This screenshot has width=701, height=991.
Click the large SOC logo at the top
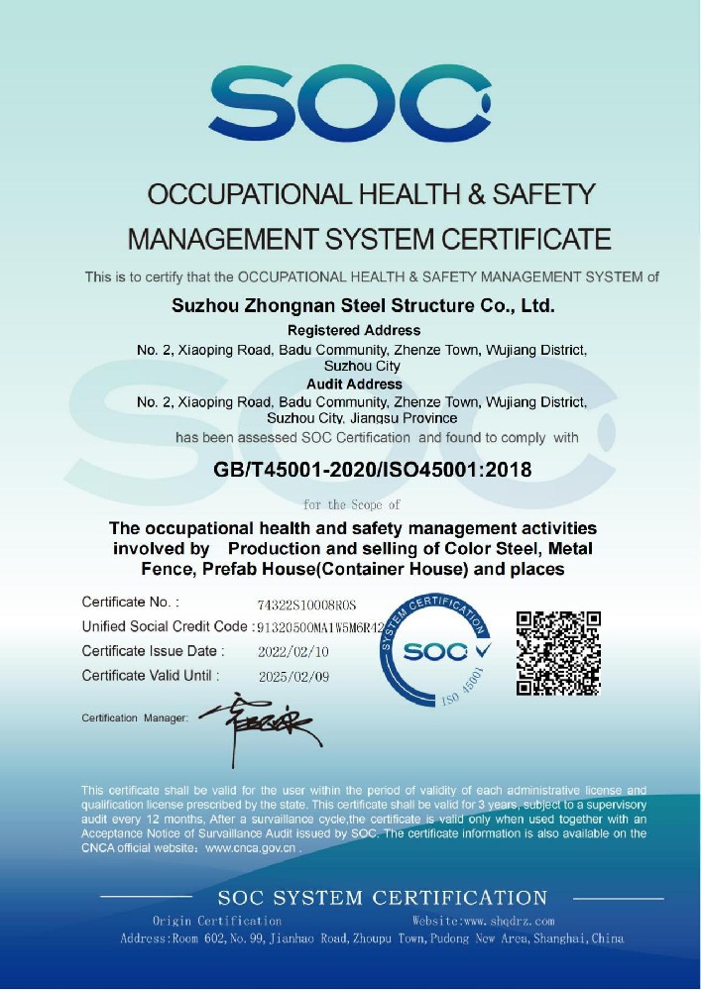[349, 101]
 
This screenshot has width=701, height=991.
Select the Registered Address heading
[354, 330]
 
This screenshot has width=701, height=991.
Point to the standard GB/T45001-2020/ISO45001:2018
[373, 469]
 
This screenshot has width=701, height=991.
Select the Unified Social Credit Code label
[165, 626]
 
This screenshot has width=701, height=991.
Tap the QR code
[559, 652]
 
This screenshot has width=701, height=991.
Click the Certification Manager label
[135, 717]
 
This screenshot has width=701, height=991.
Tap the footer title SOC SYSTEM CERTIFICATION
[383, 899]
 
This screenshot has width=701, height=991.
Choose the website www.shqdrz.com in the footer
[483, 922]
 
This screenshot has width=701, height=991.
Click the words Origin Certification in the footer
[217, 922]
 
